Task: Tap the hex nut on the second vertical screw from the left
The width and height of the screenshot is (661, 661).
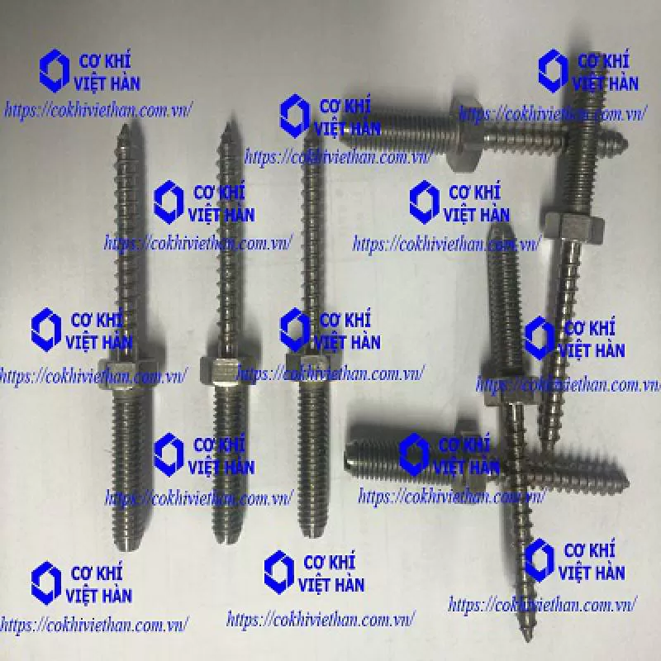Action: coord(228,370)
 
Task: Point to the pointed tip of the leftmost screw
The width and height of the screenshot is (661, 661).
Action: coord(126,126)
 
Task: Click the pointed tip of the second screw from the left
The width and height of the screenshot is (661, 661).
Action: coord(228,123)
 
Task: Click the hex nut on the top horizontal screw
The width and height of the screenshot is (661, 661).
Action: coord(465,134)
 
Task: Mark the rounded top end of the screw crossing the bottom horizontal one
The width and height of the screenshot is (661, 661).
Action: coord(502,229)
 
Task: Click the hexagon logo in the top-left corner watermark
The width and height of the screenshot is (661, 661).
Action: coord(55,71)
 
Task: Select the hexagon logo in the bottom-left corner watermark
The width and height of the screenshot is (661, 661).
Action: coord(46,583)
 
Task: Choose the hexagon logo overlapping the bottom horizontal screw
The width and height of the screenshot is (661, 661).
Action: coord(414,454)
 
